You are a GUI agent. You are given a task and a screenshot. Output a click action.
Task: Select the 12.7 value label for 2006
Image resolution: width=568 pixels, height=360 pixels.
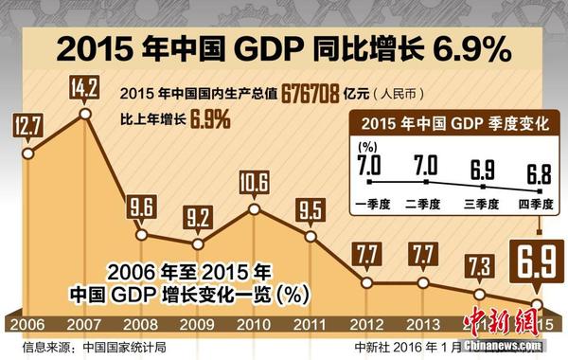click(27, 124)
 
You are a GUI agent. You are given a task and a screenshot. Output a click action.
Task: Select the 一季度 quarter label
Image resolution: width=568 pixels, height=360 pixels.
click(369, 201)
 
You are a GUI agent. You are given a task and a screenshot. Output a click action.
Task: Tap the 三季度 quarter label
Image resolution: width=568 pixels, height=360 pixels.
click(482, 201)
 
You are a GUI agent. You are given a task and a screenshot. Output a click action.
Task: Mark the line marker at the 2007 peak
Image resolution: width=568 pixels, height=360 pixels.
click(86, 114)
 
